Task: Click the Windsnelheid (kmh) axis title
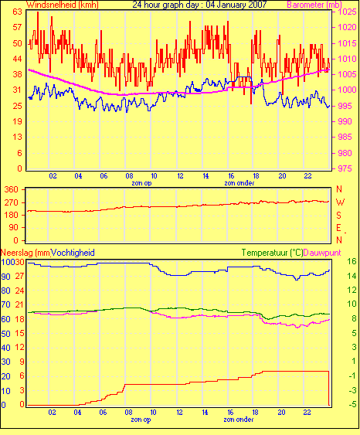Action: [x=63, y=5]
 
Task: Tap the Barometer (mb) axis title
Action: [x=314, y=5]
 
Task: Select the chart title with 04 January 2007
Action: [x=199, y=5]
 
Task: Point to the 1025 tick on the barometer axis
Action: [x=347, y=12]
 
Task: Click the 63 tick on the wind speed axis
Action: [x=17, y=12]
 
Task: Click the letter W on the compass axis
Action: [x=340, y=202]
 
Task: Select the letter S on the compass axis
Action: [x=338, y=215]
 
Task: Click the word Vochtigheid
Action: [x=73, y=253]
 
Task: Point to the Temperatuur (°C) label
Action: [x=272, y=253]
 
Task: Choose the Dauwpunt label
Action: [x=322, y=253]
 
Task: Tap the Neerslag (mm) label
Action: [x=25, y=253]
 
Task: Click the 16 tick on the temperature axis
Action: [x=352, y=261]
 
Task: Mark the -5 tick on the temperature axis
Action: [x=352, y=405]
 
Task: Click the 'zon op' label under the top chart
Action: [x=141, y=183]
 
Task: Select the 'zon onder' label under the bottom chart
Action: [x=239, y=420]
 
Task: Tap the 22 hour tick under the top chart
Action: [x=307, y=176]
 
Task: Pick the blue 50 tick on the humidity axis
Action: [x=6, y=334]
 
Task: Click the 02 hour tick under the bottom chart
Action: [x=52, y=413]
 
